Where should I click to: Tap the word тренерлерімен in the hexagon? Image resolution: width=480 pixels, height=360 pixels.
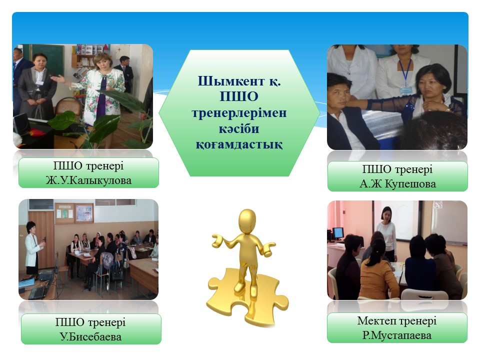tap(239, 113)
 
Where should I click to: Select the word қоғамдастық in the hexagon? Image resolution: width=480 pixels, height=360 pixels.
tap(239, 144)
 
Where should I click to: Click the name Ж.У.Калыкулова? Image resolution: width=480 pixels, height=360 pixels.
tap(89, 180)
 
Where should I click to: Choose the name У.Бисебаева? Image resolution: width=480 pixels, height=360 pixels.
tap(91, 336)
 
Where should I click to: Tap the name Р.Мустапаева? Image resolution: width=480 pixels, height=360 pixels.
tap(397, 335)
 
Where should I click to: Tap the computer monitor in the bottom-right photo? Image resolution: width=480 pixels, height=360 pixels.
tap(338, 233)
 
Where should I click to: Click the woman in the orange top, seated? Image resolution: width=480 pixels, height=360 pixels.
tap(378, 269)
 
